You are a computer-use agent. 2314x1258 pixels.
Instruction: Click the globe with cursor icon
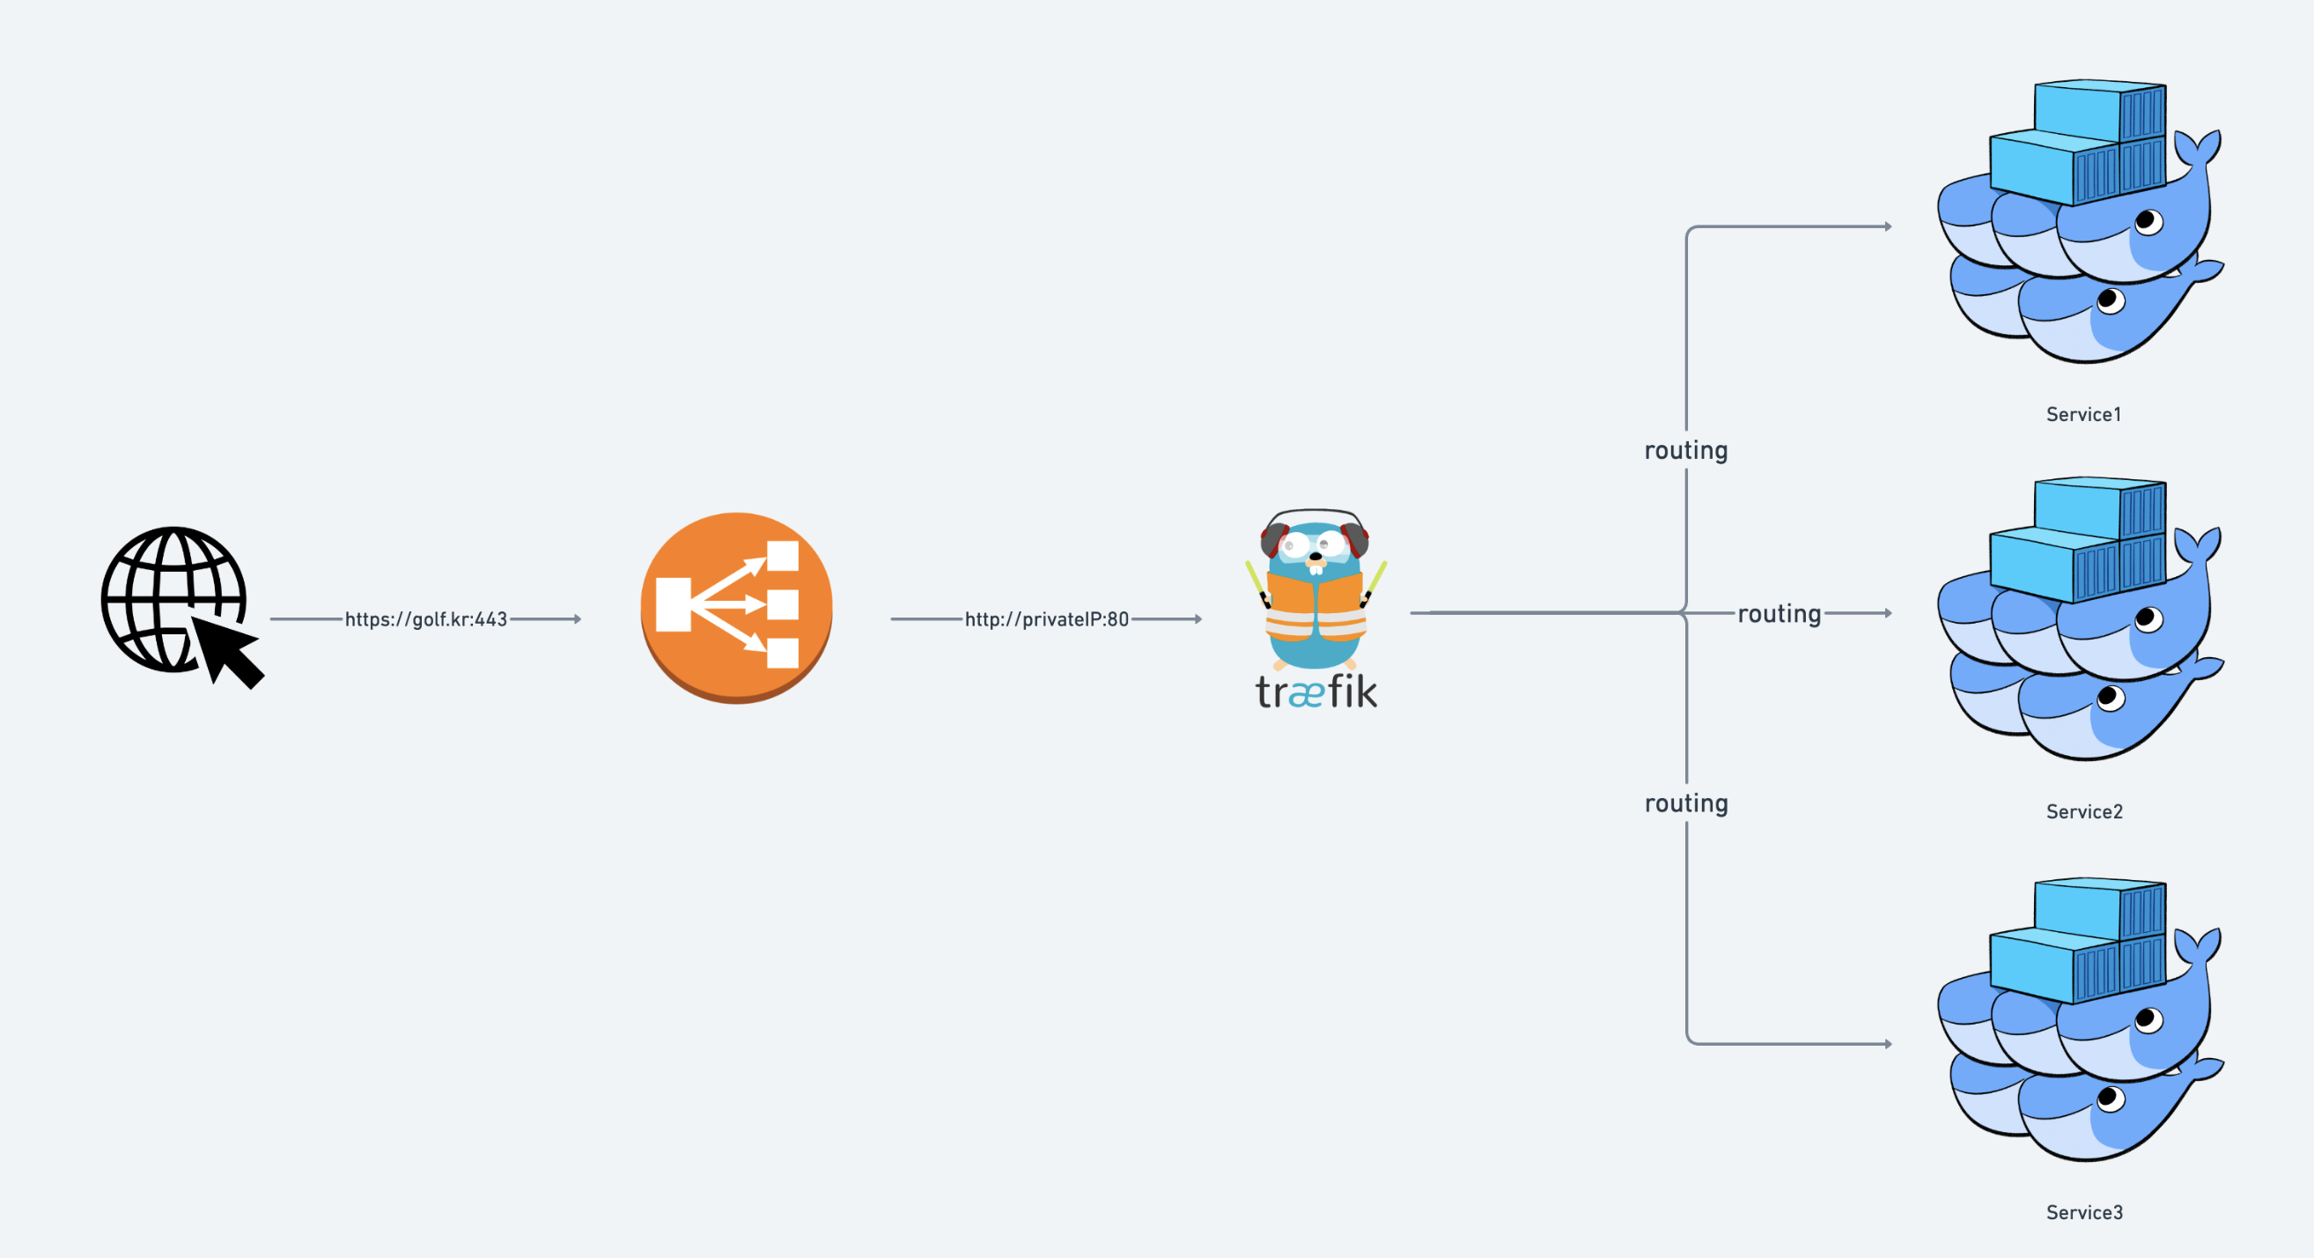pos(175,602)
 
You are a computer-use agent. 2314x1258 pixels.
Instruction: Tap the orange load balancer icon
pos(736,608)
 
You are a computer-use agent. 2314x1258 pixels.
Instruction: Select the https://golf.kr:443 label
pos(426,619)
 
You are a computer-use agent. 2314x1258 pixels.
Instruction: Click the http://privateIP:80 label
pos(1047,619)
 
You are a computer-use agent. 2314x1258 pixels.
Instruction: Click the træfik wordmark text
pos(1316,692)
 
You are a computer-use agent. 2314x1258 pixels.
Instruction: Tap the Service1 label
pos(2083,414)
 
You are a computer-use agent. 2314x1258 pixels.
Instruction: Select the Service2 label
pos(2084,811)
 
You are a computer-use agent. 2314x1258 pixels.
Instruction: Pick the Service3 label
pos(2084,1212)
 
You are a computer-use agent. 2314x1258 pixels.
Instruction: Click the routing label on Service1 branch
pos(1686,450)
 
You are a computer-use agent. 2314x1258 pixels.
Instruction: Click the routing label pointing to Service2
pos(1779,614)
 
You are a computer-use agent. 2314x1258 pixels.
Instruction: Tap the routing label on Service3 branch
pos(1686,803)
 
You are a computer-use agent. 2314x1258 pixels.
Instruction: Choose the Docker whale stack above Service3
pos(2080,1019)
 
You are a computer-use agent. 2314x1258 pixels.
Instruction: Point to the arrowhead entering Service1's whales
pos(1888,226)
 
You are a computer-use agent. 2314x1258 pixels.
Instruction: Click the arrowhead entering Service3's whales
pos(1888,1044)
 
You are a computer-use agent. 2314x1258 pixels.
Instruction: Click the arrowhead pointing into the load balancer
pos(578,619)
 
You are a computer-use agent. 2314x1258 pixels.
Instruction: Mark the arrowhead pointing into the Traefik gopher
pos(1198,619)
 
